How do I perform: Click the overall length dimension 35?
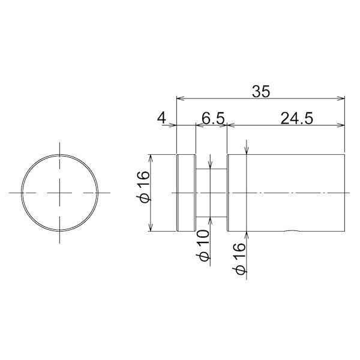click(x=261, y=91)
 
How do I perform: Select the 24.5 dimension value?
click(x=296, y=118)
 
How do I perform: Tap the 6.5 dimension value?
click(x=213, y=118)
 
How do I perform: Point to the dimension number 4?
click(x=161, y=118)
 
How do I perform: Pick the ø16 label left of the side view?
click(x=143, y=187)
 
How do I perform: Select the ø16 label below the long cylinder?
click(x=239, y=258)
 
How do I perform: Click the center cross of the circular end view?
click(x=59, y=193)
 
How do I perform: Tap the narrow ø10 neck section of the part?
click(x=211, y=193)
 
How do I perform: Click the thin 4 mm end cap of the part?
click(x=186, y=193)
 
